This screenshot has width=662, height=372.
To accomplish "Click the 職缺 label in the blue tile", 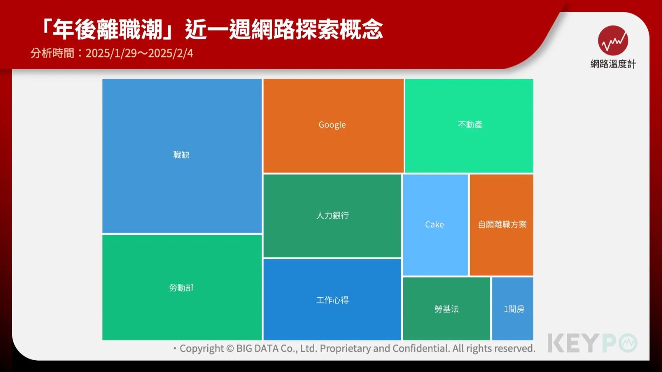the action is click(181, 155).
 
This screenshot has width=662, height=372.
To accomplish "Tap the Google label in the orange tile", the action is click(332, 125).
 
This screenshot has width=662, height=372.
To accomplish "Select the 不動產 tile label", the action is click(470, 125).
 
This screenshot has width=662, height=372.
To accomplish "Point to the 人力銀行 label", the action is click(332, 215).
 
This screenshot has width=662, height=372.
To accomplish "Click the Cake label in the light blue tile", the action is click(434, 225).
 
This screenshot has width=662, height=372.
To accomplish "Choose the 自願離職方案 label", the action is click(502, 225).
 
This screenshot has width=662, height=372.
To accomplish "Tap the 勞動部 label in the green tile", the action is click(181, 288).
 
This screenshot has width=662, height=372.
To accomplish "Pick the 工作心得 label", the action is click(332, 300).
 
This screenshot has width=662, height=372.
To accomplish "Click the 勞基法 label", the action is click(447, 309).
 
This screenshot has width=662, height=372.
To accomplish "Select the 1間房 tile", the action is click(513, 308).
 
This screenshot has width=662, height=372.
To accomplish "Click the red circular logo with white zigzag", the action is click(613, 40).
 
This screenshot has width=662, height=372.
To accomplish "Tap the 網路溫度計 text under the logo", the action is click(613, 64).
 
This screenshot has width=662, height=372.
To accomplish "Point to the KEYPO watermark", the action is click(592, 343).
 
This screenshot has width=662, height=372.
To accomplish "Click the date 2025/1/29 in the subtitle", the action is click(111, 53).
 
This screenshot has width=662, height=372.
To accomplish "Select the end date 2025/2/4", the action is click(170, 53).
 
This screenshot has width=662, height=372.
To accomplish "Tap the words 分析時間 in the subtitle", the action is click(52, 53).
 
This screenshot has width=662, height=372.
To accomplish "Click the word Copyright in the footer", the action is click(202, 349).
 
